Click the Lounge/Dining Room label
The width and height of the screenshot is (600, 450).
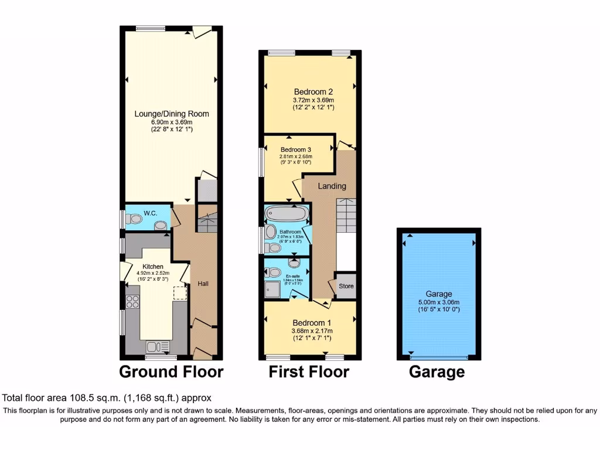point(172,114)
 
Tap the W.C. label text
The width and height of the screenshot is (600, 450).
point(149,212)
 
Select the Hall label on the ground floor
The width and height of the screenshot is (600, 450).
point(203,284)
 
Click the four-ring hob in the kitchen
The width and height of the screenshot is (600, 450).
point(132,302)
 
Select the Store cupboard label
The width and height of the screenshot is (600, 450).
point(346,286)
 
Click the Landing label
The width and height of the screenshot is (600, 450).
point(332,186)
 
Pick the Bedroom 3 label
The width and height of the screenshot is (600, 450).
point(295,149)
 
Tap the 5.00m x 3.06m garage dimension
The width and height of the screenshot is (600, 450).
point(439,302)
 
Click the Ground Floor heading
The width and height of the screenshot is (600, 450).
point(171,371)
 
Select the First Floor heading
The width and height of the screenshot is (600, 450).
point(309,371)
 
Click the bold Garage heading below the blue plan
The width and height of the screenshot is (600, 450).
point(437,371)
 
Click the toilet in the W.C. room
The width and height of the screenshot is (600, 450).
point(134,219)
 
